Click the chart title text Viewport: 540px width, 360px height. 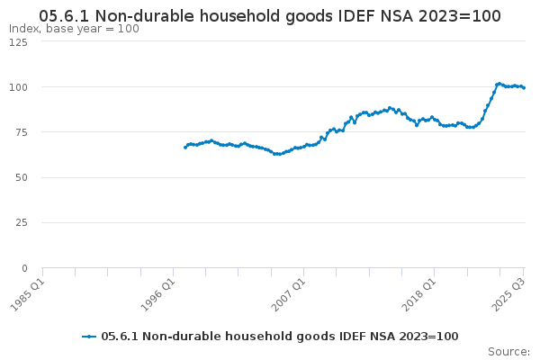270,16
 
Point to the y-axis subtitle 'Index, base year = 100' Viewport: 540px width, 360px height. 74,29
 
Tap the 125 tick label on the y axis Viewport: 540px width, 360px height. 19,42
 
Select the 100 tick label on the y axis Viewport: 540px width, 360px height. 19,87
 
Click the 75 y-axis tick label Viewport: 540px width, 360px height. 22,132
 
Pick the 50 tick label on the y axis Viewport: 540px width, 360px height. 22,178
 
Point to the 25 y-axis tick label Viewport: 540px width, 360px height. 22,223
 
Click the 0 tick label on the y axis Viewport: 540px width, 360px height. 25,268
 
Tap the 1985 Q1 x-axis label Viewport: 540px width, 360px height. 28,295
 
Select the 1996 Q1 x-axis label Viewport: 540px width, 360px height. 158,295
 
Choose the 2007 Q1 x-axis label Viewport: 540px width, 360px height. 289,295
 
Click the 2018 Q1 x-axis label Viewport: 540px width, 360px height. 419,295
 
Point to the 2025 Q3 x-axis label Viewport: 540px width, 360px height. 508,295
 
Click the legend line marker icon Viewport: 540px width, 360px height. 89,337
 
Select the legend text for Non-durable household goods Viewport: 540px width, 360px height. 280,337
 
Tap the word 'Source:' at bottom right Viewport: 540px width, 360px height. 509,352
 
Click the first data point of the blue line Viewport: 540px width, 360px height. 185,148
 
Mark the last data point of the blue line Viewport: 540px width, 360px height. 524,88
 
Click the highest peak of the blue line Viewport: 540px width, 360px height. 499,84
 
